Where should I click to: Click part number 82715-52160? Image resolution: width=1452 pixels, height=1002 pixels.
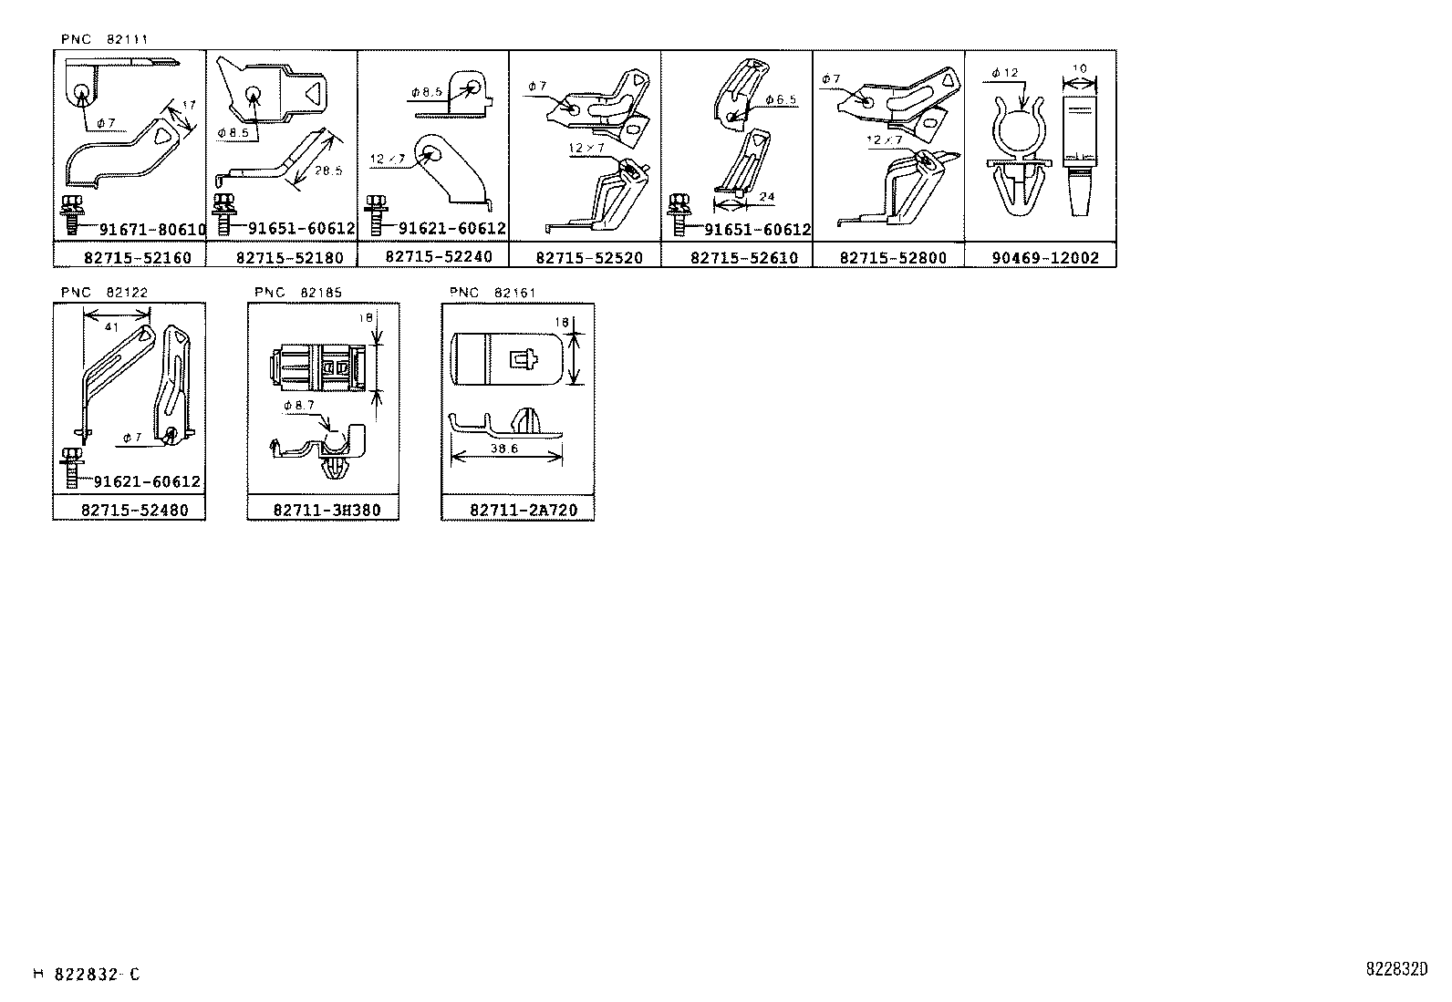(x=136, y=258)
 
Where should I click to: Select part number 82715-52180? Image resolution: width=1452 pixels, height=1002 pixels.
(x=289, y=258)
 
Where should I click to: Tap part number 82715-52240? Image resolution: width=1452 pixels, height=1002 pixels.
(x=439, y=257)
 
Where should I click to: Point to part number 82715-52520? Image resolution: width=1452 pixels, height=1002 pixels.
(x=589, y=258)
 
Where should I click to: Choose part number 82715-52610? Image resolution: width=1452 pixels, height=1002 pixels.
(x=744, y=258)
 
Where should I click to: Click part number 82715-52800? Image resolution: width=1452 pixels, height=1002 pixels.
(x=894, y=258)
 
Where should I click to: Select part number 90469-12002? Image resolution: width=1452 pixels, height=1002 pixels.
(x=1045, y=258)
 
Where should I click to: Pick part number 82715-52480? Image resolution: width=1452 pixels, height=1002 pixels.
(x=135, y=511)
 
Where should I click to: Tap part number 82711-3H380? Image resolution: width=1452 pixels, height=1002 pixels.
(x=327, y=511)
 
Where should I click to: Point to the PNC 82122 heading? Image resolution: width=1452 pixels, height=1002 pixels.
(x=104, y=293)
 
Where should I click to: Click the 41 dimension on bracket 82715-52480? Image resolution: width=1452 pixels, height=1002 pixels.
(x=112, y=326)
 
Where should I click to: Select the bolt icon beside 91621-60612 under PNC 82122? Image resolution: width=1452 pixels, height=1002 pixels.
(x=71, y=468)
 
